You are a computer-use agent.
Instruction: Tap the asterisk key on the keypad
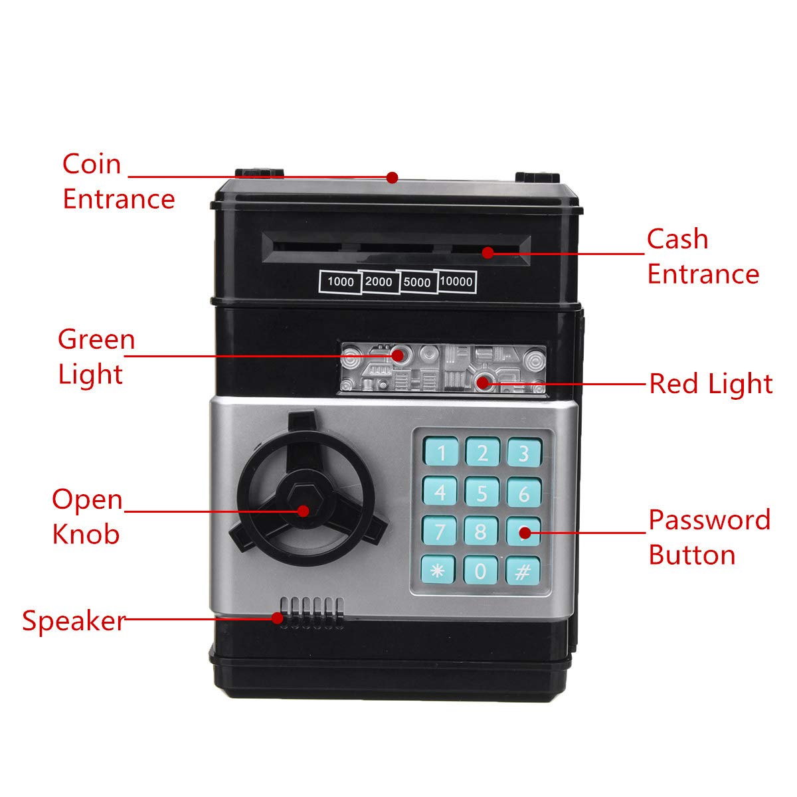point(438,570)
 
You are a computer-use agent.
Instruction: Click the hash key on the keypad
point(523,570)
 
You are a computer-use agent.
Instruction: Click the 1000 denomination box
point(340,282)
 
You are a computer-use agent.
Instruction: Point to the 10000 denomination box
point(456,282)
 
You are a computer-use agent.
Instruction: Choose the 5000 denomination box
point(417,282)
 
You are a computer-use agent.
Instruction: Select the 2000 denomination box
point(379,282)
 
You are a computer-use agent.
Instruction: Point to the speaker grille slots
point(312,612)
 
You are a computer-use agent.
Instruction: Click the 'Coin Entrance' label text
point(118,181)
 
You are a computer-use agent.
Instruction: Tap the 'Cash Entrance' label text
point(703,256)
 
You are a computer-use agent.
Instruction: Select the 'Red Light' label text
point(711,383)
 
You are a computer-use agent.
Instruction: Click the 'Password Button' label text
point(709,537)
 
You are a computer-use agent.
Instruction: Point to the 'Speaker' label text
point(73,620)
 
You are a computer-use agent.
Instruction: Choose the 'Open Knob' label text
point(88,516)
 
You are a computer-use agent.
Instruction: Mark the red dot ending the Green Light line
point(398,355)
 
